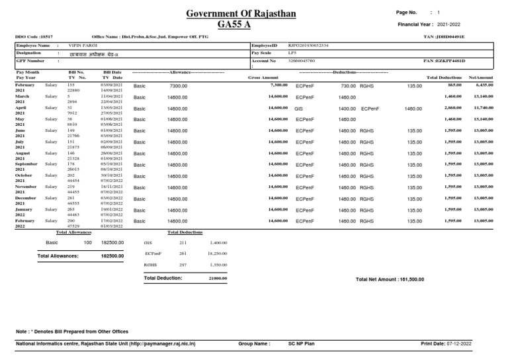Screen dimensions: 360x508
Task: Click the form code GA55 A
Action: point(239,25)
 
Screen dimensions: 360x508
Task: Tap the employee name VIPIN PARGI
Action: point(83,45)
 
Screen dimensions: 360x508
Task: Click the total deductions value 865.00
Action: point(454,85)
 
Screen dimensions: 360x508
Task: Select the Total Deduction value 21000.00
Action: point(218,279)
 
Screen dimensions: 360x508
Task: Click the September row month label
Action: point(26,164)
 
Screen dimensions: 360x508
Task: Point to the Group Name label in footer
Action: point(254,344)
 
